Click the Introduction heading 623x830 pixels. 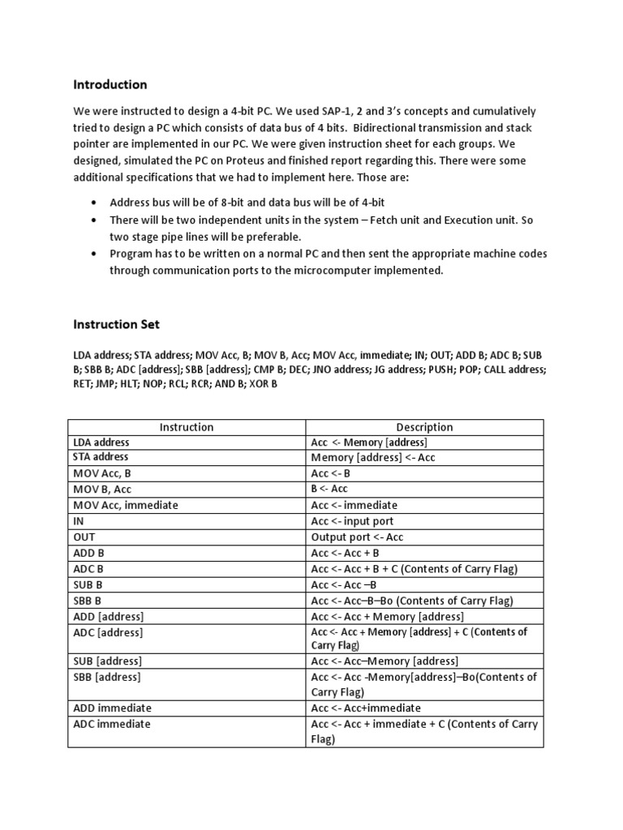110,84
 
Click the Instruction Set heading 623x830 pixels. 116,324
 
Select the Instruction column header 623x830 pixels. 187,427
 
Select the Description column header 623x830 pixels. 424,427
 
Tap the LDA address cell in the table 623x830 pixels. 101,443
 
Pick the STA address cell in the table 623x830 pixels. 101,457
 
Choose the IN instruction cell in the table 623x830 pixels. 79,520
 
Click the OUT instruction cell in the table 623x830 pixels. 84,537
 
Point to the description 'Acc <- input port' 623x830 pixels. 352,521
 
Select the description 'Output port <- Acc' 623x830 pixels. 357,537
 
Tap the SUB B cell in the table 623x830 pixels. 88,584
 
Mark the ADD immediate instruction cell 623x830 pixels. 112,708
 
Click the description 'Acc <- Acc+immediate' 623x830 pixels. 366,708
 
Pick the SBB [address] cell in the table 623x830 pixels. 107,677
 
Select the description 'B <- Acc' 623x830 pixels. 329,489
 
